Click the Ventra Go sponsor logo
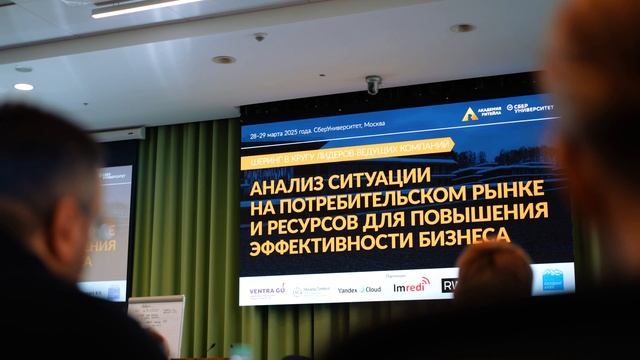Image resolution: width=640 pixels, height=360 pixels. (x=267, y=289)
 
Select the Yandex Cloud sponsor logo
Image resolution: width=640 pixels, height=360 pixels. (x=359, y=289)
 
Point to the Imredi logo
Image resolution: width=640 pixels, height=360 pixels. (x=411, y=287)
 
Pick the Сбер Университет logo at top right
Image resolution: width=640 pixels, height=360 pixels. (x=530, y=108)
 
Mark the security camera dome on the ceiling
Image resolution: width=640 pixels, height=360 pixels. (x=373, y=85)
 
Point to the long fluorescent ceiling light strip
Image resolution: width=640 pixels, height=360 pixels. (x=146, y=8)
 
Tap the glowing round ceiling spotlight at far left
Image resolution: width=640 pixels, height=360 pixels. (x=23, y=87)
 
